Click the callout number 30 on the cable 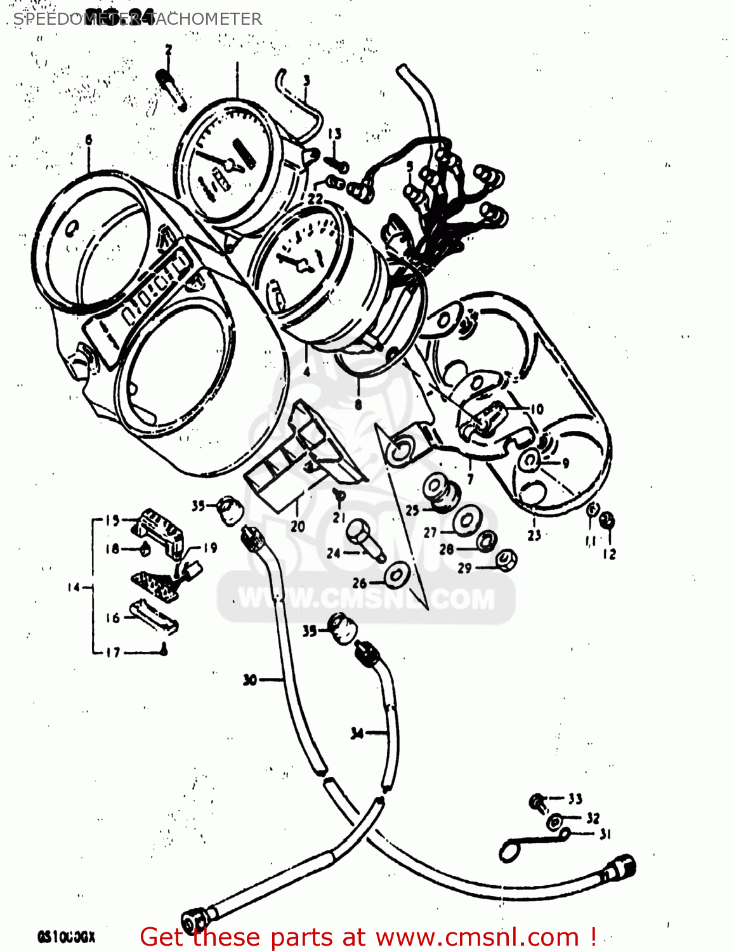coord(250,680)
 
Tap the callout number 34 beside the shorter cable coord(357,733)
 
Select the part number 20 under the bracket coord(298,526)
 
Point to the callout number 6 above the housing coord(88,140)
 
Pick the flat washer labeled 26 coord(397,576)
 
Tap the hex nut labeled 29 coord(504,560)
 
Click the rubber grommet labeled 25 coord(439,492)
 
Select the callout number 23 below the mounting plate coord(534,535)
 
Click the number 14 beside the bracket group coord(74,588)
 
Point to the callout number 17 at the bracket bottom coord(112,652)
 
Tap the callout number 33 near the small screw coord(575,798)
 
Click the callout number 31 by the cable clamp coord(605,834)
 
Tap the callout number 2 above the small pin coord(168,50)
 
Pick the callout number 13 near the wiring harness coord(334,133)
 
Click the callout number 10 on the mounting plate coord(537,409)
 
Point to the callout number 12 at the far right coord(609,553)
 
